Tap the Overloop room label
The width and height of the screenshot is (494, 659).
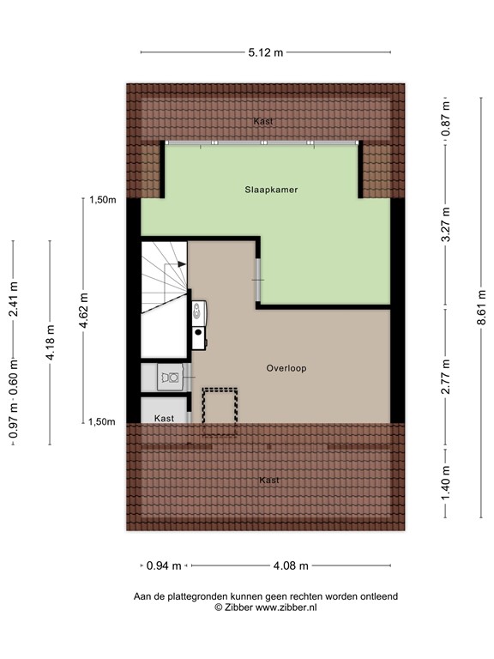[x=286, y=368]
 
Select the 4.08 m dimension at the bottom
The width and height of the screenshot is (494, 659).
[x=290, y=565]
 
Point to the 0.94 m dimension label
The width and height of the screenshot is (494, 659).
[x=164, y=565]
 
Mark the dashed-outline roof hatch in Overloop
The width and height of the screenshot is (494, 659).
[x=220, y=411]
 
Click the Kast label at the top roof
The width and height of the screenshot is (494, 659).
[x=263, y=122]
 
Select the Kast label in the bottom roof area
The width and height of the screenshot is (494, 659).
[x=269, y=481]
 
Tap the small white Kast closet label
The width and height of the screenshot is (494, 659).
[x=164, y=419]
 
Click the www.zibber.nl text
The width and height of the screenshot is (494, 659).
[x=287, y=607]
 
